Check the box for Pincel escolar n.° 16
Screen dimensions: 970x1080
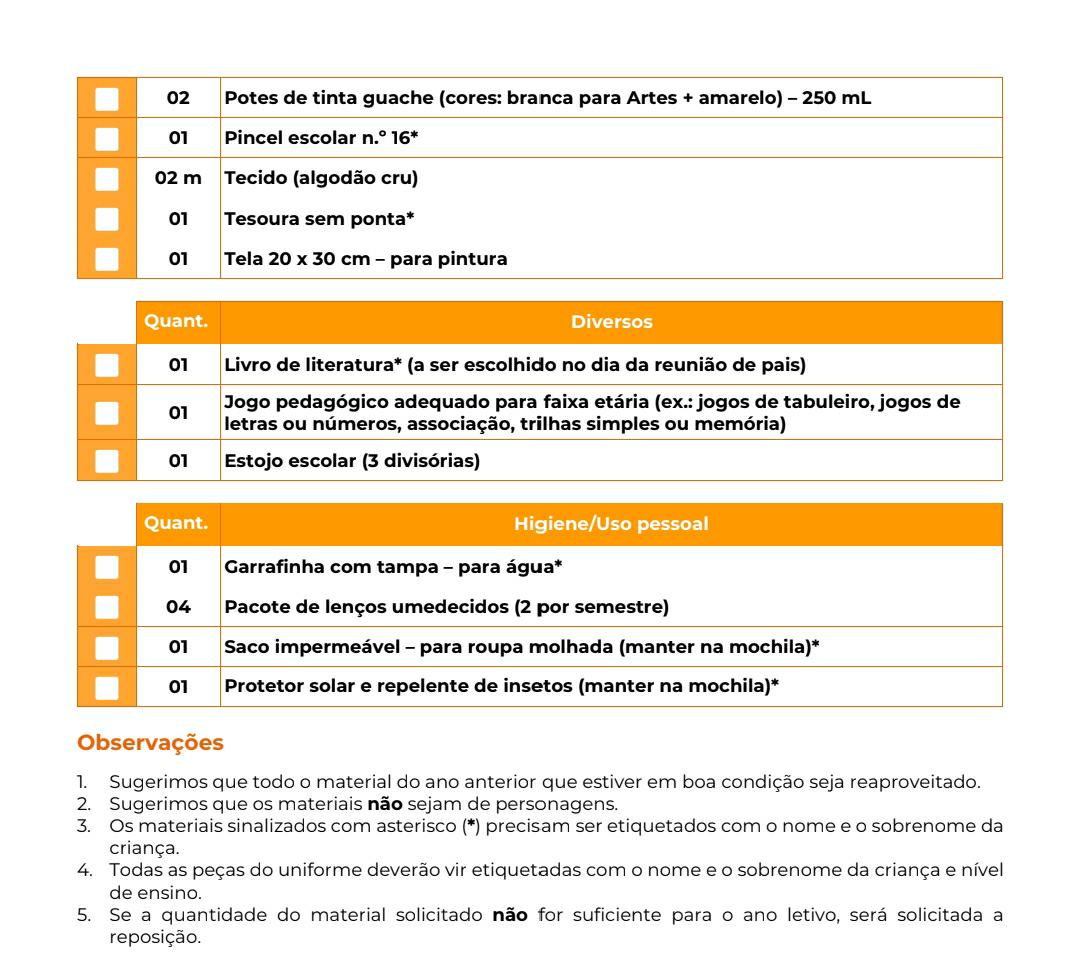pos(107,138)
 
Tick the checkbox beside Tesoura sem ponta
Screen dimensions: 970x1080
pos(107,219)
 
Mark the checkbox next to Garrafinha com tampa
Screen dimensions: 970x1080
pos(107,567)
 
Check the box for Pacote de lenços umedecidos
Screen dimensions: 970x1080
pos(107,607)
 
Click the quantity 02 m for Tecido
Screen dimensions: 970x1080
pos(178,179)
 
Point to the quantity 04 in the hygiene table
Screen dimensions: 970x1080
pos(178,607)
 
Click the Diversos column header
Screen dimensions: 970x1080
pos(611,323)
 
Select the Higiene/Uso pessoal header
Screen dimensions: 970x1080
pos(611,525)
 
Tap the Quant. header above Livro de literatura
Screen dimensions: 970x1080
pos(178,323)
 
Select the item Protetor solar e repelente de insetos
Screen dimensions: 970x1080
pos(500,687)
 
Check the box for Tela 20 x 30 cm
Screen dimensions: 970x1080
pos(107,259)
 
